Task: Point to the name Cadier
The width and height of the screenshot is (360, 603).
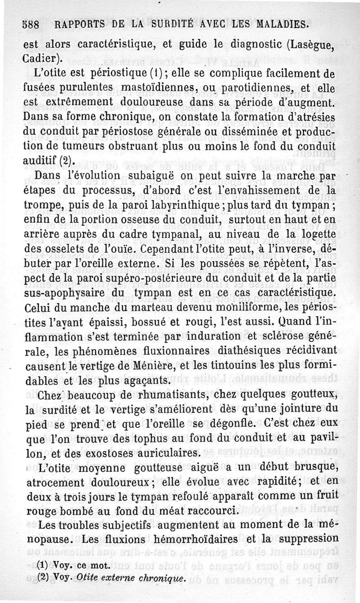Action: pyautogui.click(x=44, y=59)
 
